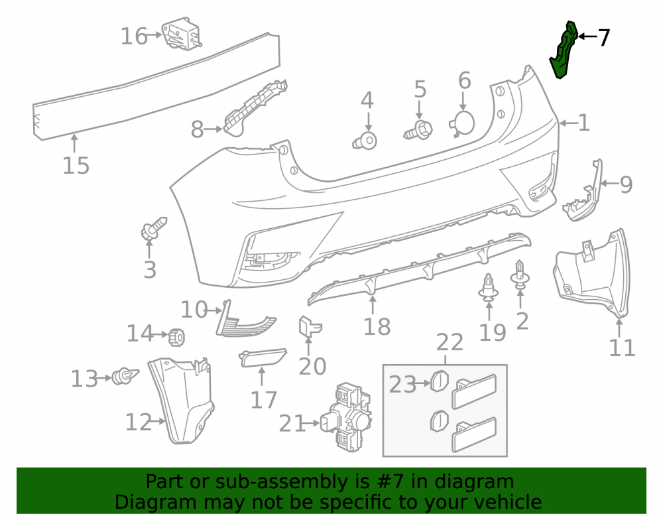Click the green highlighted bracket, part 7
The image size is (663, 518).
coord(564,51)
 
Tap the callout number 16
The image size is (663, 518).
coord(134,36)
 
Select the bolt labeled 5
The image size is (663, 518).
coord(418,130)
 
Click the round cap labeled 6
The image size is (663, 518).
coord(461,123)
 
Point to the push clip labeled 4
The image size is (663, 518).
coord(365,141)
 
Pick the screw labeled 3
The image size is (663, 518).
coord(153,230)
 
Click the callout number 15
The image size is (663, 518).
coord(76,165)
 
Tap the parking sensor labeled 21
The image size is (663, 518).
coord(347,417)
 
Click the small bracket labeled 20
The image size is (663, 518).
coord(310,327)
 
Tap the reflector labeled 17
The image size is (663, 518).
coord(263,357)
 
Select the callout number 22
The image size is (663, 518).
coord(450,342)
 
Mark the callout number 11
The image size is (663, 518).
coord(622,348)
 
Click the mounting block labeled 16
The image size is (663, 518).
coord(182,33)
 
